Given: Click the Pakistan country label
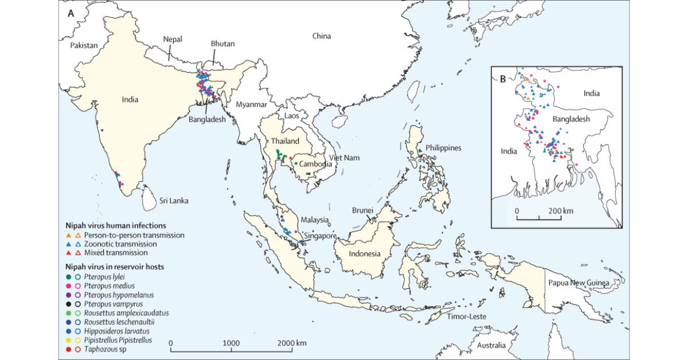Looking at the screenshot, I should tap(83, 45).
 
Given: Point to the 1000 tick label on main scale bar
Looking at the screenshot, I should tap(231, 342).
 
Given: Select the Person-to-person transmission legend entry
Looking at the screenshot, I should tap(134, 235).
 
